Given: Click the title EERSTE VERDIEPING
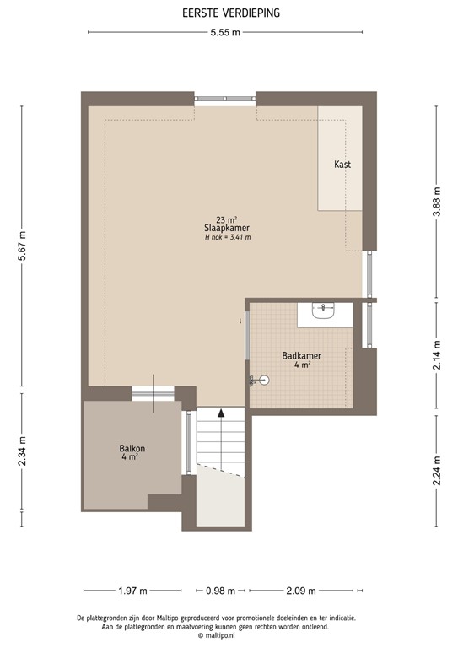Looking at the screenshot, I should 229,13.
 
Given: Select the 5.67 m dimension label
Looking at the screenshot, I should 23,246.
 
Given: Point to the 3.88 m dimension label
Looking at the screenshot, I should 436,202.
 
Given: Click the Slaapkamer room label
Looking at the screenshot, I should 227,228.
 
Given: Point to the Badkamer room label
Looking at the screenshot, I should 302,356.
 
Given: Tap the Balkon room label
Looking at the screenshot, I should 132,449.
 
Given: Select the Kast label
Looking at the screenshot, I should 342,164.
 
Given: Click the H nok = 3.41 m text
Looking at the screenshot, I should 228,238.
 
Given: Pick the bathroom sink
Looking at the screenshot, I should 324,312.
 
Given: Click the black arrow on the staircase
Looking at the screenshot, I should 221,413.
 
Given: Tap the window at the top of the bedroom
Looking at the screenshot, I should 225,100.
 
